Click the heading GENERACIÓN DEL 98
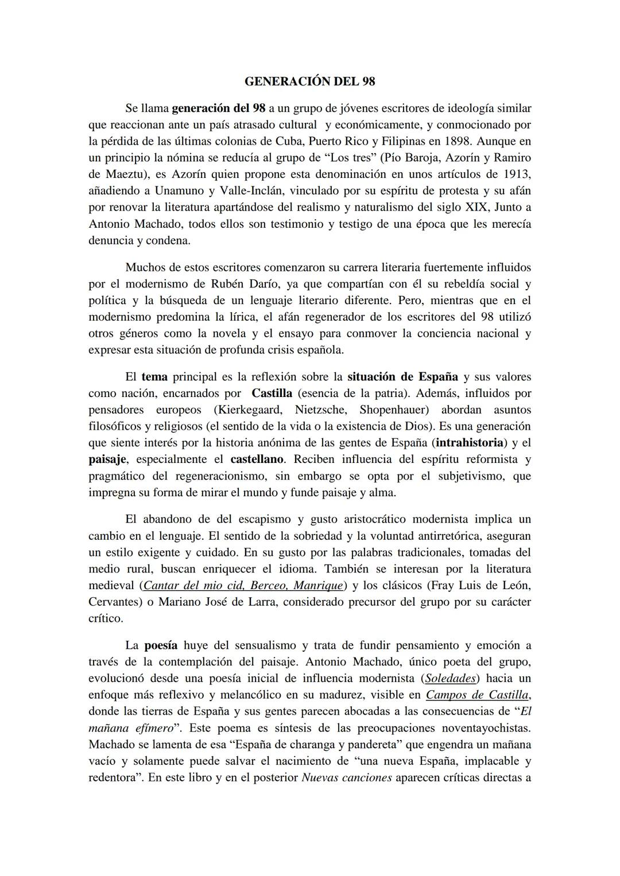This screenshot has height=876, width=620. [309, 81]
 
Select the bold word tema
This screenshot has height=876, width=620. [154, 377]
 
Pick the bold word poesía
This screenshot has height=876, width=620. [160, 645]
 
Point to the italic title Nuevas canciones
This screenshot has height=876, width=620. [346, 778]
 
